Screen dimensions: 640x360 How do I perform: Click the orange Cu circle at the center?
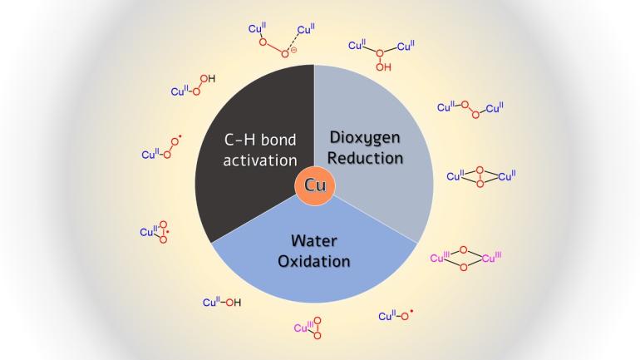[x=315, y=185]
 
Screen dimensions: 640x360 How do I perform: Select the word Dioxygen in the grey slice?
[x=365, y=138]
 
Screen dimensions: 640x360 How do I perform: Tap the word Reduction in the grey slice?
[x=365, y=158]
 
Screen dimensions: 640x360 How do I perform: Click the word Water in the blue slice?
[x=314, y=241]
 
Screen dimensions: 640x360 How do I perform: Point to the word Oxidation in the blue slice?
[x=314, y=261]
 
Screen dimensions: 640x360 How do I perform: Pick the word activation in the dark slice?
[x=260, y=160]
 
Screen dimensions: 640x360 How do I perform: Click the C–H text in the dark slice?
[x=239, y=140]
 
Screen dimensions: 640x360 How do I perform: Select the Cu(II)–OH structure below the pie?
[x=222, y=303]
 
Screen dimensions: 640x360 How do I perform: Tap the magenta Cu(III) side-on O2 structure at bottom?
[x=308, y=328]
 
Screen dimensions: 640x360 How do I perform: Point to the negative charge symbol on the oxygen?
[x=293, y=50]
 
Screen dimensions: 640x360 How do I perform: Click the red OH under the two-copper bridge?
[x=383, y=67]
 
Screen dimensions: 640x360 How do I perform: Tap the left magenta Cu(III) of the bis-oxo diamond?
[x=440, y=258]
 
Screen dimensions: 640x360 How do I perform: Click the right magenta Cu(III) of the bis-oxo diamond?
[x=491, y=258]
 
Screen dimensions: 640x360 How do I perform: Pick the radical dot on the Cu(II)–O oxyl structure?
[x=411, y=312]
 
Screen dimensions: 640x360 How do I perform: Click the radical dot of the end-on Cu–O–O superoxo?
[x=180, y=136]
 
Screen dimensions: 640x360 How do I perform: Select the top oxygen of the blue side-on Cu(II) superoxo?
[x=163, y=224]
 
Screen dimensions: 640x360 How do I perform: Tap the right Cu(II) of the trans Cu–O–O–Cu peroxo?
[x=495, y=108]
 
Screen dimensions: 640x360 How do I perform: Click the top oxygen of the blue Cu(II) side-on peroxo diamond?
[x=480, y=170]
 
